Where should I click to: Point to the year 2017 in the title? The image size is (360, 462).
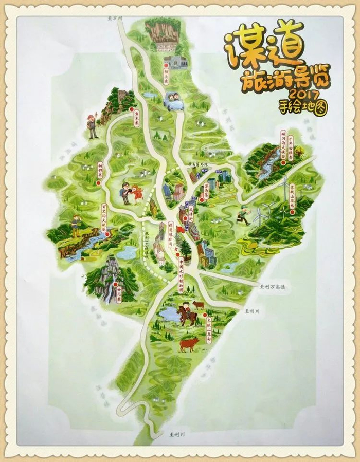(x=304, y=95)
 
